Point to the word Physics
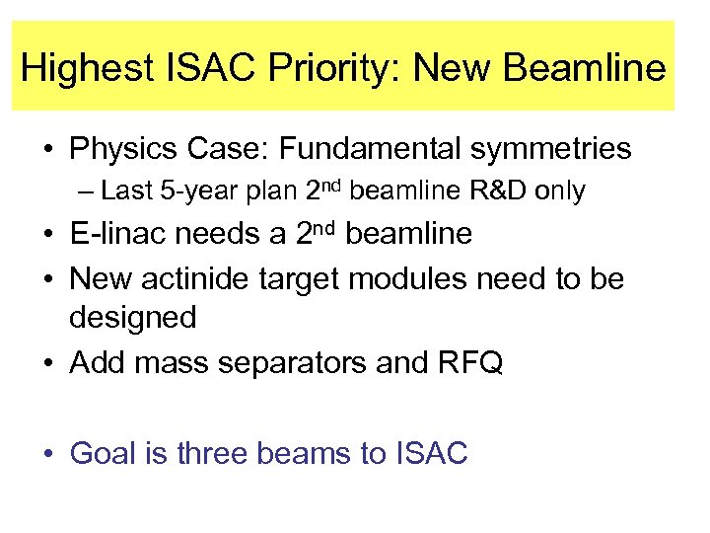(123, 150)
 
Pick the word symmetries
(553, 150)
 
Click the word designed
(133, 318)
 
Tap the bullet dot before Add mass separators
(47, 364)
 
